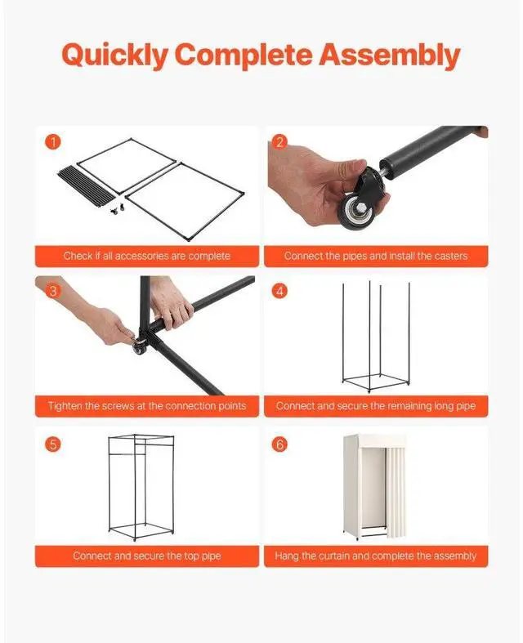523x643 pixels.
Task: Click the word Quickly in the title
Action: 115,55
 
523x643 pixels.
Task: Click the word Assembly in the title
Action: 390,55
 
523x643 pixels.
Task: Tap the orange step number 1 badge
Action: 53,142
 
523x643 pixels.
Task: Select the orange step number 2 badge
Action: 279,142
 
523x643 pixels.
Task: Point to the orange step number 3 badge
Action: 53,291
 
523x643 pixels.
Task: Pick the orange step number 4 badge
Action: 279,291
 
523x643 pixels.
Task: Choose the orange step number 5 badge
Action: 53,444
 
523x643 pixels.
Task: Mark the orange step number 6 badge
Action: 279,444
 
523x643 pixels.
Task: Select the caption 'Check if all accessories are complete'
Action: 147,256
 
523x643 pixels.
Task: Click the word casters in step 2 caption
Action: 450,256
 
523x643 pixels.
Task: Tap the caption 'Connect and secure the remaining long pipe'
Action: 376,406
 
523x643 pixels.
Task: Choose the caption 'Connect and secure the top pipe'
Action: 147,556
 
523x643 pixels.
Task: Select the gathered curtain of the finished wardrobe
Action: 395,491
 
